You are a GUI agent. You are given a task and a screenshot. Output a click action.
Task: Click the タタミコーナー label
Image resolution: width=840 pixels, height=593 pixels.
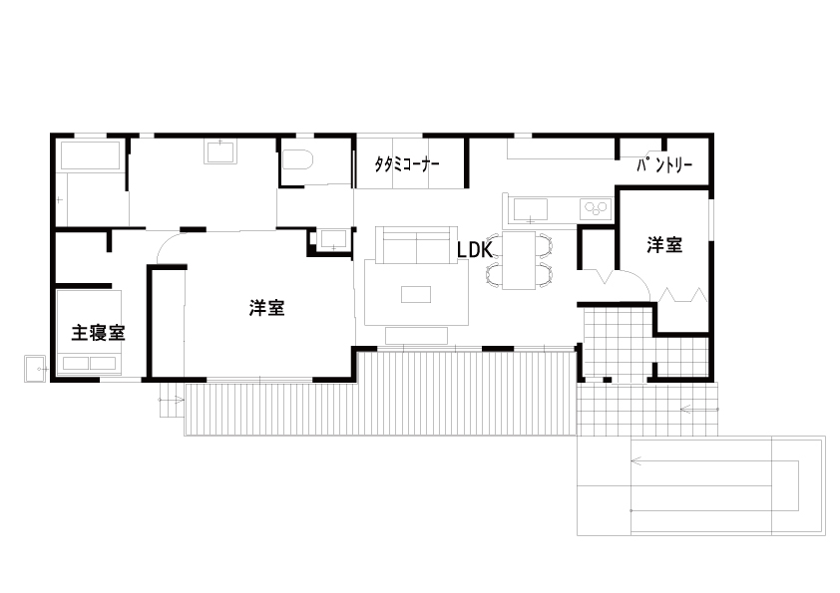click(407, 164)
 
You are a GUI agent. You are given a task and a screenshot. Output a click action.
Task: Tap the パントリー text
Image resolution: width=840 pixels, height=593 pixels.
click(664, 164)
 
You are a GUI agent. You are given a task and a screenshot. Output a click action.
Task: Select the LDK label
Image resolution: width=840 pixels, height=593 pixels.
click(474, 250)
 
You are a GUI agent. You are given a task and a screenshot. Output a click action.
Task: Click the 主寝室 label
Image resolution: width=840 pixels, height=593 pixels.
click(98, 333)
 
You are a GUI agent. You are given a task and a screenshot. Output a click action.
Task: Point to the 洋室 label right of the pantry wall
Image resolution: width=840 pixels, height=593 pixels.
click(664, 245)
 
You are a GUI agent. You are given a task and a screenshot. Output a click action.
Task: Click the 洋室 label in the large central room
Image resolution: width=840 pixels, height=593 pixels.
click(266, 308)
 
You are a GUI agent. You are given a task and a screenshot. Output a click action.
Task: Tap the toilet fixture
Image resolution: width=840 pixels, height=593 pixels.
click(296, 159)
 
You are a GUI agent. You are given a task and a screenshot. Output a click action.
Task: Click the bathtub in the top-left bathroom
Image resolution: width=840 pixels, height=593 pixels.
click(90, 155)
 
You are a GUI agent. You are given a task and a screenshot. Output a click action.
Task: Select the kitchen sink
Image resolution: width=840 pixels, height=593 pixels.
click(531, 210)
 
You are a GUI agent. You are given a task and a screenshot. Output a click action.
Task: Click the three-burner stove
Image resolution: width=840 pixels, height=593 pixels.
click(596, 208)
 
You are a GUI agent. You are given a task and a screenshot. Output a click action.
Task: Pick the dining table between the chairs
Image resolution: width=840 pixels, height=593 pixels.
click(519, 260)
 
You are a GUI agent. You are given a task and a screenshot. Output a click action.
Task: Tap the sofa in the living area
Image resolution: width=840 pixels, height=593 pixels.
click(416, 245)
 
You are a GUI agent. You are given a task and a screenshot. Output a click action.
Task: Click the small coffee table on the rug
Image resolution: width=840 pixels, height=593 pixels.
click(416, 294)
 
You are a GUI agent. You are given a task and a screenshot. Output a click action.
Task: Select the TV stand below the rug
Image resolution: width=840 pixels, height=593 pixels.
click(416, 336)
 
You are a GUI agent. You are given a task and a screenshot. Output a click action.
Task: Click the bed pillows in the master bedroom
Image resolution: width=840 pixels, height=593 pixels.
click(90, 363)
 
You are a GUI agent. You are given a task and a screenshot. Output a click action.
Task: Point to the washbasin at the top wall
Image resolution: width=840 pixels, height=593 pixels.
click(219, 151)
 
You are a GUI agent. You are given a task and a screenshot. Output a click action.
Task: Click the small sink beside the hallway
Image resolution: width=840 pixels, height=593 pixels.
click(333, 240)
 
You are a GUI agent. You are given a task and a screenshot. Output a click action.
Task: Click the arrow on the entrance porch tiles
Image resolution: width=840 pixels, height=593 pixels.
click(699, 410)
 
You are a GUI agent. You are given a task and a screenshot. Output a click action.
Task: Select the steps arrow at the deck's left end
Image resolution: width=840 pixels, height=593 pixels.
click(172, 400)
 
